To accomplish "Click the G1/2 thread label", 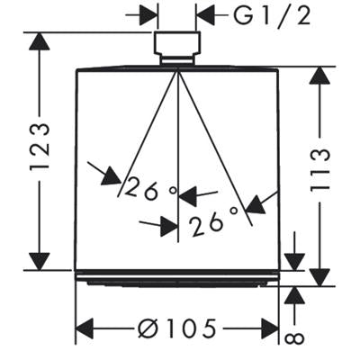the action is (272, 15).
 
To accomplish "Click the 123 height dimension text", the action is (40, 147).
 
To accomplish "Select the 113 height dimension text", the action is (320, 170).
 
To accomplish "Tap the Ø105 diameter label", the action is (177, 328).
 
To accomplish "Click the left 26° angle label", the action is (150, 188).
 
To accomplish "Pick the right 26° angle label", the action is (213, 221).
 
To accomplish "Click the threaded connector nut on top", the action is (176, 43).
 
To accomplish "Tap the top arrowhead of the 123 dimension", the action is (40, 40).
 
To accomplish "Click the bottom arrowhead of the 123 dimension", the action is (40, 261).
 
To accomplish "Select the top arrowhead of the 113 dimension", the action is (319, 75).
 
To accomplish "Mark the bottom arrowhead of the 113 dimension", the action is (319, 277).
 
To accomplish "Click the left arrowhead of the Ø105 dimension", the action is (85, 328).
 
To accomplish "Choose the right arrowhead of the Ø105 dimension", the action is (270, 328).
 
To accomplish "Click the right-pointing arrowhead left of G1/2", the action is (148, 14).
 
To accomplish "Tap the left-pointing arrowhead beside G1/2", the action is (205, 14).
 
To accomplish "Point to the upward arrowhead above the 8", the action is (294, 296).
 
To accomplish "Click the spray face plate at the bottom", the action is (177, 278).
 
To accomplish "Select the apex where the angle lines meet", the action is (177, 70).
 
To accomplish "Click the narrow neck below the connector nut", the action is (176, 60).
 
